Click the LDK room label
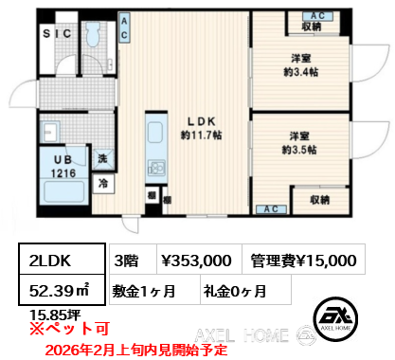[x=202, y=120]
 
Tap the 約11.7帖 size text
[x=202, y=135]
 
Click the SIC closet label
[x=54, y=34]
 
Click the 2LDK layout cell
[x=55, y=259]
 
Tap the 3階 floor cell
[x=127, y=259]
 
